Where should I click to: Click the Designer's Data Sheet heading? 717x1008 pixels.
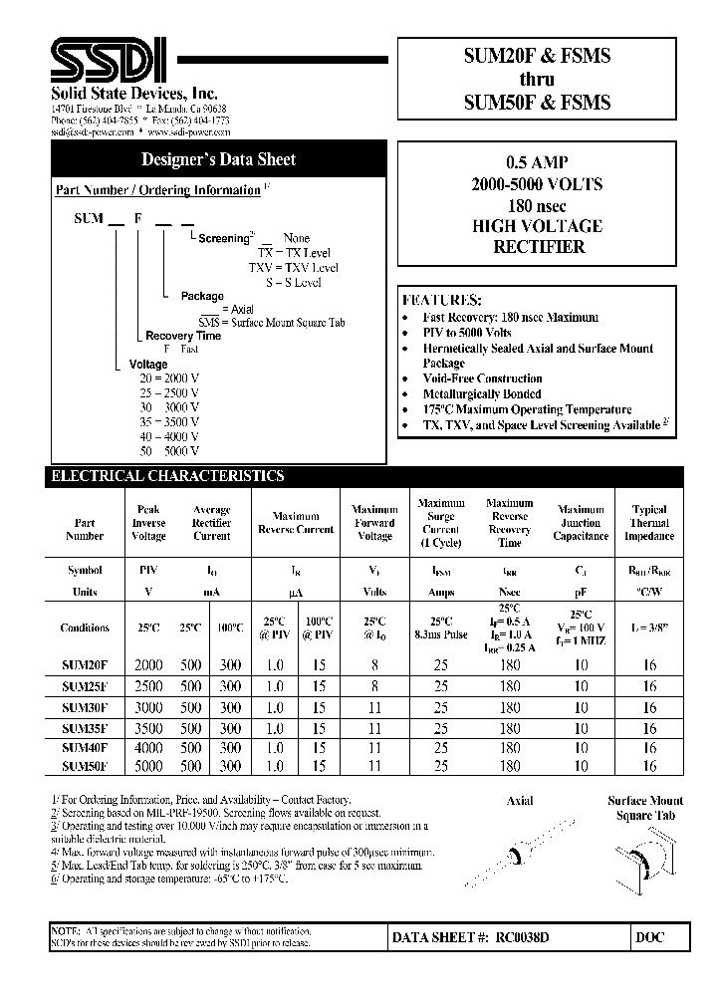(x=218, y=159)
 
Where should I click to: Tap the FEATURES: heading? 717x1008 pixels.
(x=441, y=300)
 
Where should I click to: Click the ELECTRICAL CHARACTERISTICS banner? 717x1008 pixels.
(x=168, y=476)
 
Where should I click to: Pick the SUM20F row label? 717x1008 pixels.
(x=85, y=665)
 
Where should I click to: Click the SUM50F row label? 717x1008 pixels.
(x=85, y=766)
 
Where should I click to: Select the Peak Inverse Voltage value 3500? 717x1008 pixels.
(x=148, y=728)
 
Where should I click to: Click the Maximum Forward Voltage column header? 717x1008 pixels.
(x=374, y=522)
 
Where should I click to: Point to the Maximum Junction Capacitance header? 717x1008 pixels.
(x=581, y=522)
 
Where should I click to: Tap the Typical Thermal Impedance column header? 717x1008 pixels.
(x=649, y=522)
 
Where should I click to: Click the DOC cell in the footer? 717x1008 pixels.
(x=649, y=937)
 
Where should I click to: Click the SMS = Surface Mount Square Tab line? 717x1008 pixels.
(x=271, y=323)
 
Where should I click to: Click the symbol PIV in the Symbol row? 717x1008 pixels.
(x=148, y=573)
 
